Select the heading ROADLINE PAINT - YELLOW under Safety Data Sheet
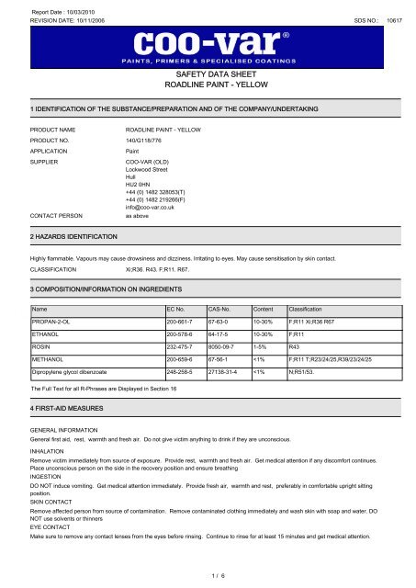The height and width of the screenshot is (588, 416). click(208, 95)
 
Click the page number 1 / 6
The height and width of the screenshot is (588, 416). click(208, 576)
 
